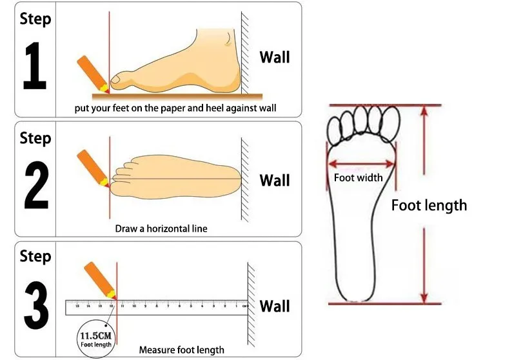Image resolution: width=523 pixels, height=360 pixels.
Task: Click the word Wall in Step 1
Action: tap(275, 57)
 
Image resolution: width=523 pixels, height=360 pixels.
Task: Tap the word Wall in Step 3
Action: tap(275, 305)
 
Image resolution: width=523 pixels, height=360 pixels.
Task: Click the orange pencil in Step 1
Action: tap(91, 72)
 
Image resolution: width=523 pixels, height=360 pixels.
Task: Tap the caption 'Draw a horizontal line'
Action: tap(161, 228)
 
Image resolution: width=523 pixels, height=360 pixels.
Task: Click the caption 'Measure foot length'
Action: tap(182, 350)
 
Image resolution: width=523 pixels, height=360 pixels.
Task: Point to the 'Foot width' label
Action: tap(358, 178)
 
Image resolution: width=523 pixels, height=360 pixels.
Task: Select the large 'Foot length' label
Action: tap(429, 205)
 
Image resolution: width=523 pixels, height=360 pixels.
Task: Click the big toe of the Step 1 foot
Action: tap(121, 81)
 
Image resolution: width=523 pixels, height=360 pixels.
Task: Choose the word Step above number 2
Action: tap(35, 137)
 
